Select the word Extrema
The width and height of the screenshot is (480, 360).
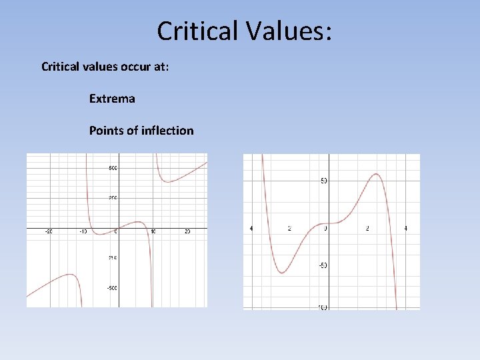pyautogui.click(x=112, y=99)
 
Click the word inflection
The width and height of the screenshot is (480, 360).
pyautogui.click(x=167, y=131)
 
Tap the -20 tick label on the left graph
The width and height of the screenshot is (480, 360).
pyautogui.click(x=49, y=232)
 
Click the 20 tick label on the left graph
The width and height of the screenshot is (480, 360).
pyautogui.click(x=187, y=232)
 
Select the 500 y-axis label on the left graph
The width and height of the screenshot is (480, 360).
pyautogui.click(x=113, y=168)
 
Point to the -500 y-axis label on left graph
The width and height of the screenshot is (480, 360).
pyautogui.click(x=112, y=288)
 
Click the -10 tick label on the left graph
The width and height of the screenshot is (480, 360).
pyautogui.click(x=83, y=232)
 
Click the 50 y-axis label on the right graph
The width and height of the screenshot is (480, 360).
pyautogui.click(x=323, y=181)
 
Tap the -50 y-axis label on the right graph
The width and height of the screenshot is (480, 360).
pyautogui.click(x=322, y=266)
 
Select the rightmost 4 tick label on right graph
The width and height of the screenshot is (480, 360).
pyautogui.click(x=405, y=229)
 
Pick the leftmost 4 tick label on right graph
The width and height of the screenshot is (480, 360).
pyautogui.click(x=251, y=229)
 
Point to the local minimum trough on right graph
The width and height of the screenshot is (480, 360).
pyautogui.click(x=282, y=272)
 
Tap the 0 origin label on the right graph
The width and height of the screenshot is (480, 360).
pyautogui.click(x=325, y=229)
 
